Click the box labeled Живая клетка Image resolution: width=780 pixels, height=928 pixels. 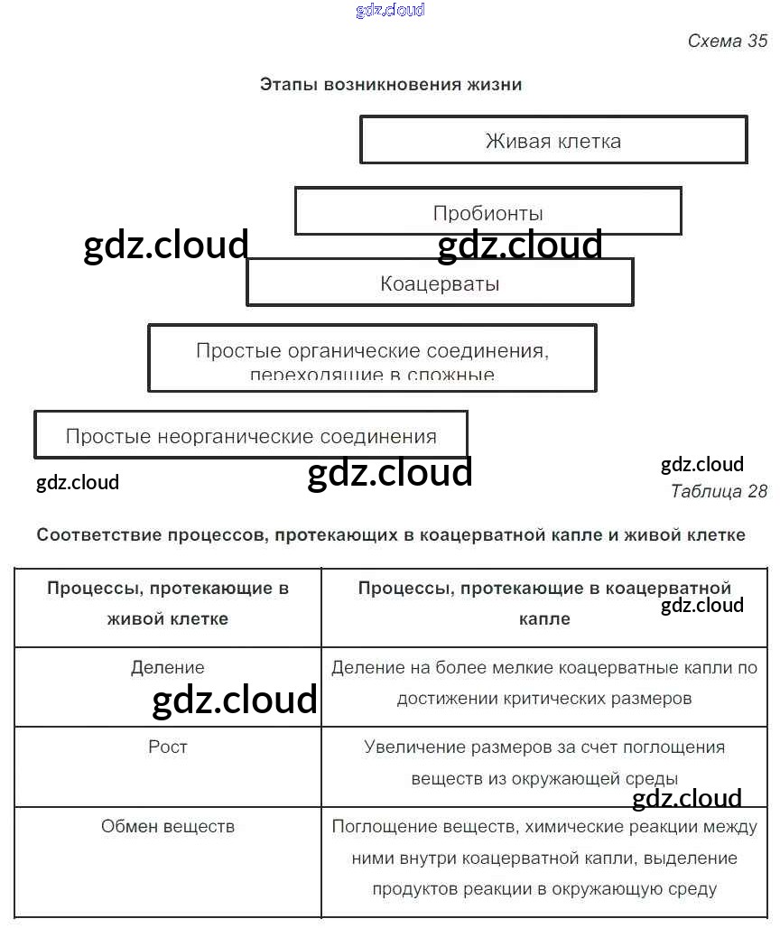[x=552, y=140]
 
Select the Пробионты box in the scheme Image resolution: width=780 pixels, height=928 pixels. [x=487, y=212]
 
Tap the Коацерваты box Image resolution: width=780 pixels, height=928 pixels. [x=440, y=283]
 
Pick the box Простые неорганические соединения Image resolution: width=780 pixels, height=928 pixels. [x=250, y=436]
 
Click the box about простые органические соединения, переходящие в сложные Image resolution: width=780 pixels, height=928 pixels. [x=372, y=358]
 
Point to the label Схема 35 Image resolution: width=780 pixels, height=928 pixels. [x=727, y=41]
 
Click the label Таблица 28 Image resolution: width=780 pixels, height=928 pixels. [x=719, y=491]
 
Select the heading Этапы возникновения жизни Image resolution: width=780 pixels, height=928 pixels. [x=391, y=85]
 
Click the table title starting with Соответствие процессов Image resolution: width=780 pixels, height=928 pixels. [x=391, y=534]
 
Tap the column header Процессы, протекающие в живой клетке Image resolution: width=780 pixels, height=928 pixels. [x=168, y=603]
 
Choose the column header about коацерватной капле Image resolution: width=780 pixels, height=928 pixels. [x=544, y=603]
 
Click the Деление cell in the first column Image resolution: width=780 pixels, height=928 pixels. [x=168, y=668]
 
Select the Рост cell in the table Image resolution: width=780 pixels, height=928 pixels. [x=168, y=747]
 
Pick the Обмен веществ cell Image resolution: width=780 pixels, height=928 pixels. [x=168, y=826]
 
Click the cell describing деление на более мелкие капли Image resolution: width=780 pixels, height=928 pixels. [x=544, y=682]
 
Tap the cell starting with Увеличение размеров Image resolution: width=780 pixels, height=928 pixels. [x=544, y=762]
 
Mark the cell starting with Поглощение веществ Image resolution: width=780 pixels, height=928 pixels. [x=544, y=858]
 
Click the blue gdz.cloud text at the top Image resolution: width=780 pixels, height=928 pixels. [x=390, y=11]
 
